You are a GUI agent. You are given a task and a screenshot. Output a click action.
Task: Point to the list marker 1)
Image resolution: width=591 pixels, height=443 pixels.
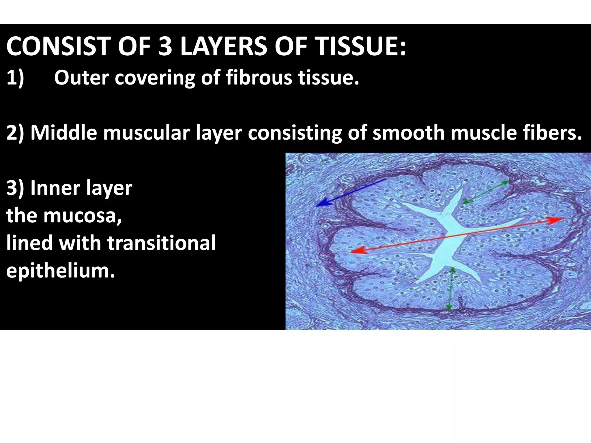coord(15,78)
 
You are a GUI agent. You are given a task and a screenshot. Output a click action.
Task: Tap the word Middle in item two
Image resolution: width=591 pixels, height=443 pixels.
coord(63,133)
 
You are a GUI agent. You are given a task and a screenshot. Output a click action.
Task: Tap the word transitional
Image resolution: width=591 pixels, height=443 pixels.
coord(161,243)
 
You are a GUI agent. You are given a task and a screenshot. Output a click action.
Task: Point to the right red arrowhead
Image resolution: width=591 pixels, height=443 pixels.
coord(556,220)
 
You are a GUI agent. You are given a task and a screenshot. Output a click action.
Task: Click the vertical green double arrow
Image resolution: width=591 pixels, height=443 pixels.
coord(450,288)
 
